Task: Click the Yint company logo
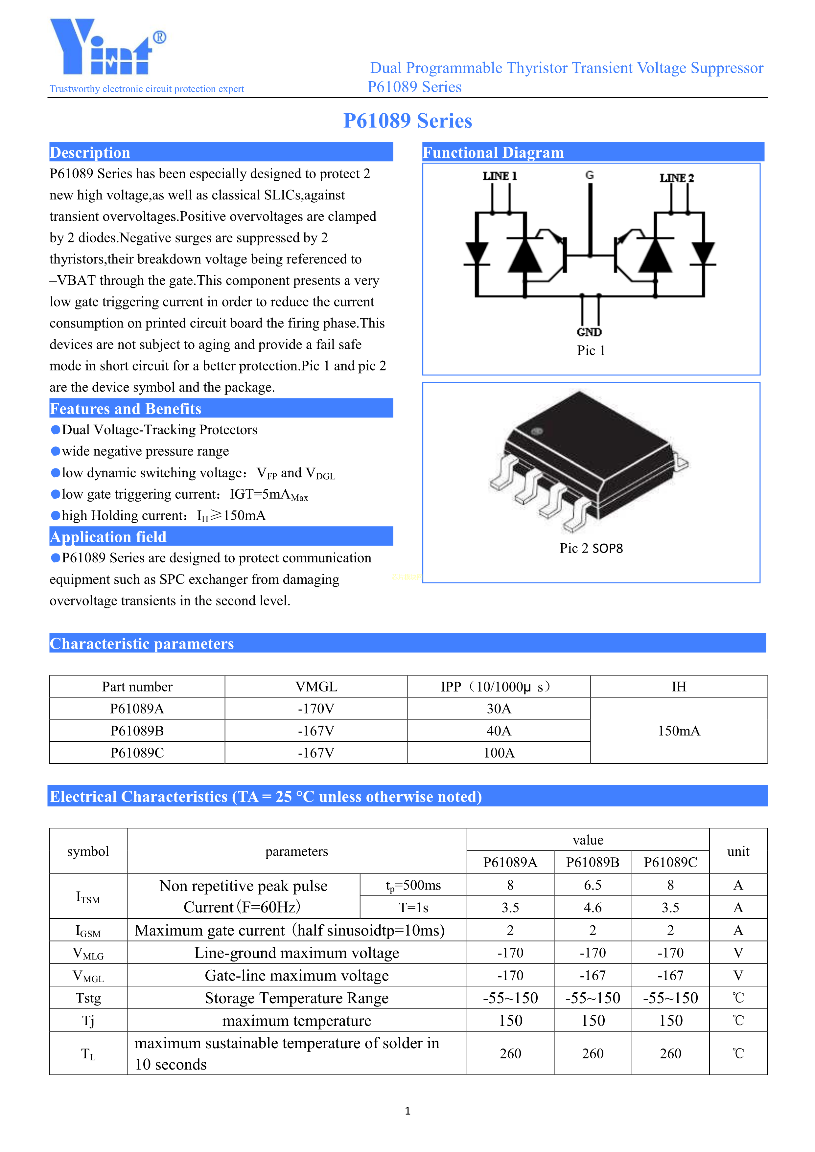pyautogui.click(x=100, y=48)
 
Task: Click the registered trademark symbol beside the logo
pyautogui.click(x=160, y=37)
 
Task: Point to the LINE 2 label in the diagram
pyautogui.click(x=677, y=178)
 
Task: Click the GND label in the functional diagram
pyautogui.click(x=589, y=332)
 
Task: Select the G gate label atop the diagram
pyautogui.click(x=590, y=175)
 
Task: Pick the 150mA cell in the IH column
pyautogui.click(x=679, y=731)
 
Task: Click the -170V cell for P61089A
pyautogui.click(x=316, y=709)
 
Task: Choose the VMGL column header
pyautogui.click(x=316, y=687)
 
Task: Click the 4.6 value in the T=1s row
pyautogui.click(x=592, y=908)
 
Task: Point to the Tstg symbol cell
pyautogui.click(x=88, y=998)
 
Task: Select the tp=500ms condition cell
pyautogui.click(x=413, y=886)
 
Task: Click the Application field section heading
pyautogui.click(x=108, y=537)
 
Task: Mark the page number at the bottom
pyautogui.click(x=407, y=1111)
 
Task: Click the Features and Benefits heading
pyautogui.click(x=126, y=409)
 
